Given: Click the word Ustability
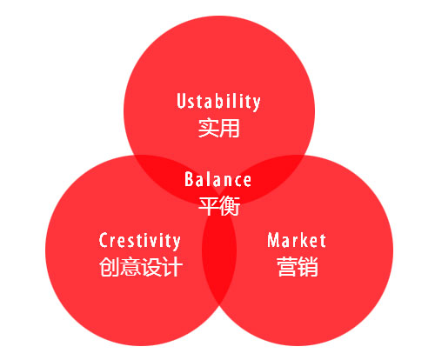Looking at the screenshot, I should click(217, 102).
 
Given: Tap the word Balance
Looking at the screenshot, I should click(217, 180).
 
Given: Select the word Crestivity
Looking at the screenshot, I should click(140, 241).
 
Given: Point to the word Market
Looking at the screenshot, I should click(297, 240).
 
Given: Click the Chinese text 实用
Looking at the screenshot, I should click(217, 129).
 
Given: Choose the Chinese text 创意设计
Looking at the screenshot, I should click(140, 266).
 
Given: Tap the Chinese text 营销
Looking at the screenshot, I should click(297, 266).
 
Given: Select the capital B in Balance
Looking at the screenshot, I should click(189, 180).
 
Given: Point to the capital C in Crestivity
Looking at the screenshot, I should click(104, 241).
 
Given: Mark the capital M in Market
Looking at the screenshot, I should click(273, 240).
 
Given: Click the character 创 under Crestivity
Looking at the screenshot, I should click(109, 266).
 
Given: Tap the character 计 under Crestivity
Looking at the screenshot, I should click(171, 266).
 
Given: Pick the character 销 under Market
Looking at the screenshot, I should click(307, 266).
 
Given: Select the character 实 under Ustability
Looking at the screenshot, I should click(207, 129).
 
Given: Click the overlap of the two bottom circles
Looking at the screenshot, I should click(218, 261).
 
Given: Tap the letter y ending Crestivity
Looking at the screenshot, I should click(177, 243).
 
